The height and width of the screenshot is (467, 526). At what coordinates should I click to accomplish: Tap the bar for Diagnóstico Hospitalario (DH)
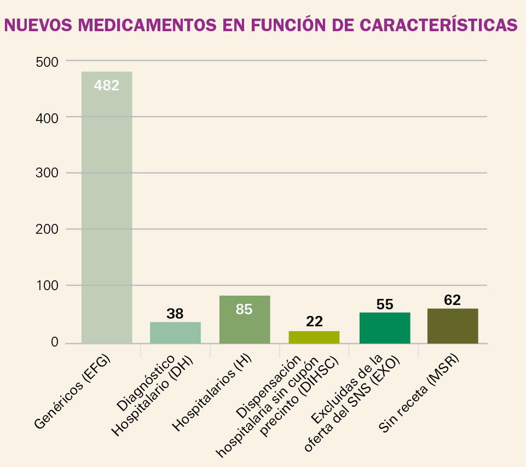point(175,333)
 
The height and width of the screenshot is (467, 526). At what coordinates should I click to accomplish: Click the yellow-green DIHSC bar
point(314,337)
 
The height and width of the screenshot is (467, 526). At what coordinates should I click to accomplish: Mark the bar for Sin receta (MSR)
point(453,326)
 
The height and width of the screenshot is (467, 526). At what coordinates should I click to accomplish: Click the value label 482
point(107,85)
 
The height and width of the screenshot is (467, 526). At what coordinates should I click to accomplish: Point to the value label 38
point(175,314)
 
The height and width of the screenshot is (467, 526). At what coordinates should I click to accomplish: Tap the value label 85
point(244,309)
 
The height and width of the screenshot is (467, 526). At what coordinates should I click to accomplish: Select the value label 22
point(314,321)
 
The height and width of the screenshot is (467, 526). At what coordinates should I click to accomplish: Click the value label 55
point(385,304)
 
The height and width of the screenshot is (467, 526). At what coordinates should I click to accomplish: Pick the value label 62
point(453,300)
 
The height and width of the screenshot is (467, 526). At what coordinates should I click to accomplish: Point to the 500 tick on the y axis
point(47,62)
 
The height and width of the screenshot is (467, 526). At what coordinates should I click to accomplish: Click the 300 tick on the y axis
point(47,174)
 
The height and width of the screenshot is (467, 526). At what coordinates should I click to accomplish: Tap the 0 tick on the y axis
point(54,343)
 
